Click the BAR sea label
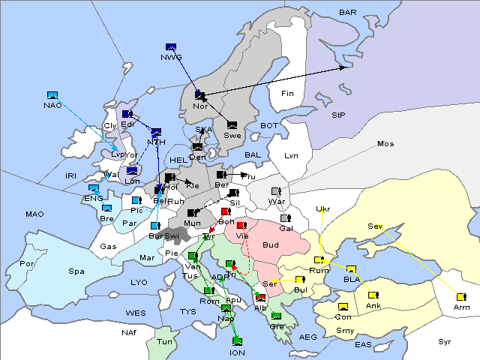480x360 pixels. [347, 12]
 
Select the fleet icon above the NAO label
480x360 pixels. [52, 95]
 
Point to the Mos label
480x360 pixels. [385, 143]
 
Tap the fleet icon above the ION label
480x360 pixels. [237, 343]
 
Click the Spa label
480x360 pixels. [76, 271]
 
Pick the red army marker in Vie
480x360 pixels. [241, 225]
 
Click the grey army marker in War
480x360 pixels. [276, 191]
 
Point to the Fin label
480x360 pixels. [286, 94]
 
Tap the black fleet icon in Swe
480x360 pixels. [232, 124]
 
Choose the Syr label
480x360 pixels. [445, 341]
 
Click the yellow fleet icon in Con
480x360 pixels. [343, 307]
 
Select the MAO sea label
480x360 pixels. [34, 214]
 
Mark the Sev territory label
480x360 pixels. [375, 226]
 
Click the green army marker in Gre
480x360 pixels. [276, 316]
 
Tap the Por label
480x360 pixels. [28, 264]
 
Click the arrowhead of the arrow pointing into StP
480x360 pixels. [346, 67]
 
